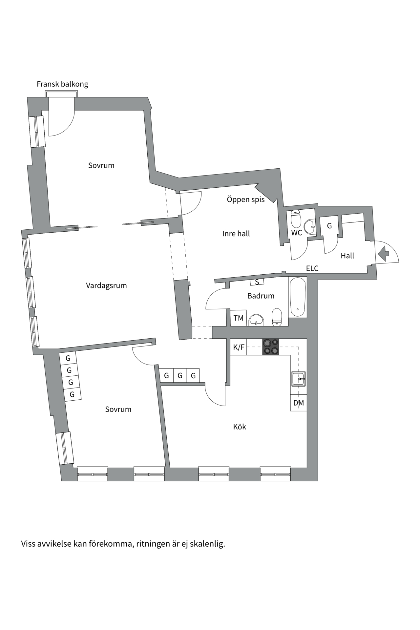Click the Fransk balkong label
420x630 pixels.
click(x=62, y=84)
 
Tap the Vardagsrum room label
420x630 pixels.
click(x=106, y=285)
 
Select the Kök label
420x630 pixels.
click(x=240, y=427)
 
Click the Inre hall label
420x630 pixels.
click(x=236, y=234)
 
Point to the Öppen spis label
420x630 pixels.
click(x=246, y=199)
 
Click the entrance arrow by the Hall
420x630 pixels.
click(x=383, y=254)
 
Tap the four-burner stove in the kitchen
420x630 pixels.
click(x=271, y=346)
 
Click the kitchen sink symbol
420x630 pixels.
click(x=299, y=379)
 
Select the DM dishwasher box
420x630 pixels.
click(x=299, y=403)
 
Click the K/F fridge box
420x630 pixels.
click(x=239, y=347)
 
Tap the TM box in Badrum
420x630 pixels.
click(x=239, y=318)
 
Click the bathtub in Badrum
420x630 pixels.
click(x=298, y=297)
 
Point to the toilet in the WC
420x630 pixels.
click(x=296, y=219)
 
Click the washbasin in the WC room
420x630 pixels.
click(x=309, y=226)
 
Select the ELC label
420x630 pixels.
click(x=312, y=268)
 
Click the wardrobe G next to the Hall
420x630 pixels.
click(x=329, y=226)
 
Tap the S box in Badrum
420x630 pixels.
click(x=257, y=282)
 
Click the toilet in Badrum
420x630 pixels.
click(x=277, y=317)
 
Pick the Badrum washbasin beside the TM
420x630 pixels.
click(x=256, y=320)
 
